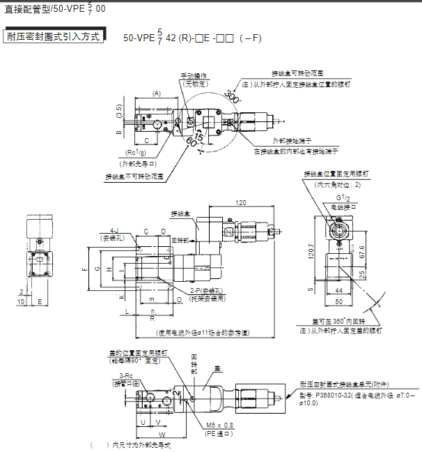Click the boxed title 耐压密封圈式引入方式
click(x=53, y=36)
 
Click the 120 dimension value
click(x=242, y=202)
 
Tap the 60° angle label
click(x=192, y=142)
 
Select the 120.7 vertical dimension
click(x=311, y=252)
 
